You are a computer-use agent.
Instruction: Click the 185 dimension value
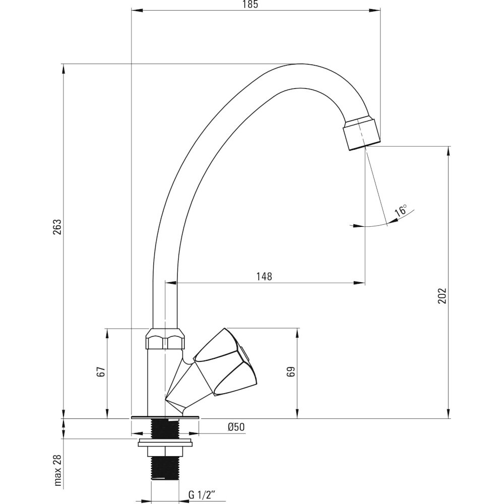250,5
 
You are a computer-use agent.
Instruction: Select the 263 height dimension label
57,227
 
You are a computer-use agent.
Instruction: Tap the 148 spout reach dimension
264,276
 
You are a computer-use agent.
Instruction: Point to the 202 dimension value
443,295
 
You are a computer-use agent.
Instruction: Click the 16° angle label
401,211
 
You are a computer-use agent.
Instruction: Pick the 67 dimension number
101,372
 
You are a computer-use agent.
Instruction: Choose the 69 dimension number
291,372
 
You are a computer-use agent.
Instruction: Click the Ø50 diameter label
236,427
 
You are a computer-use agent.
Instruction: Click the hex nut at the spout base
165,339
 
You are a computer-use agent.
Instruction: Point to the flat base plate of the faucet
165,417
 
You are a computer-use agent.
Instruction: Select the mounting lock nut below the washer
165,451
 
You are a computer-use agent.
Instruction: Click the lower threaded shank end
165,467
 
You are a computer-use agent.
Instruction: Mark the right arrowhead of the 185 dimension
376,11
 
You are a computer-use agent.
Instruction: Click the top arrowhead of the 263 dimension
64,68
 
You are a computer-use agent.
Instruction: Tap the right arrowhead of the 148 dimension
360,283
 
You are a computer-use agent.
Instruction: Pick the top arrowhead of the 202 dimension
449,151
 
